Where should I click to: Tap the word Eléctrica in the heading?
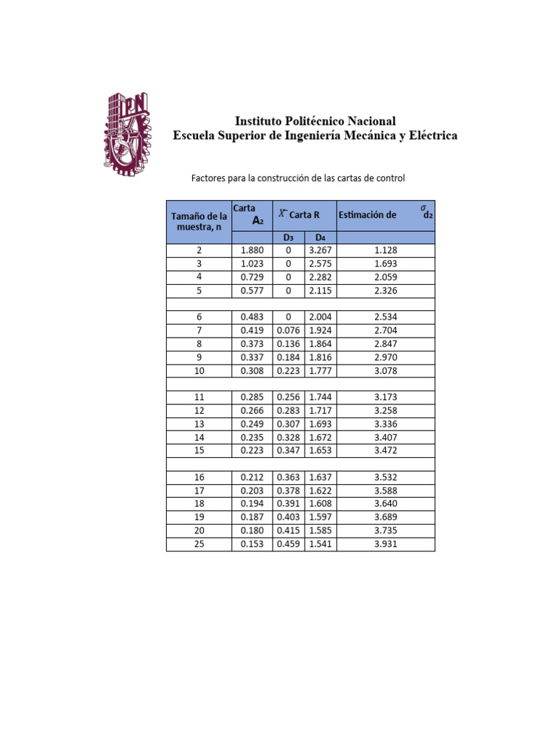tap(429, 136)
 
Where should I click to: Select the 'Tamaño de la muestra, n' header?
tap(199, 221)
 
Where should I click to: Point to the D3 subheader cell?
tap(288, 238)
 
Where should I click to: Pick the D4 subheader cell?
tap(320, 238)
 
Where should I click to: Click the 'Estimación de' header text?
tap(368, 214)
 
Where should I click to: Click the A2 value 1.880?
tap(252, 250)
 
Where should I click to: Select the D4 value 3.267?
tap(320, 250)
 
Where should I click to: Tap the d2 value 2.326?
tap(386, 291)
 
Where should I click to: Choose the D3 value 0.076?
tap(288, 330)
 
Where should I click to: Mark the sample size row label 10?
tap(199, 370)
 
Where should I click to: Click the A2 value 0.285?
tap(252, 397)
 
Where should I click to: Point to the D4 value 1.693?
tap(320, 424)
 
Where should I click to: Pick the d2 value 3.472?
tap(386, 451)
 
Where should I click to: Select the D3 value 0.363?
tap(288, 478)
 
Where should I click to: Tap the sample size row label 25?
tap(199, 544)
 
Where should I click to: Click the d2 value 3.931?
tap(386, 544)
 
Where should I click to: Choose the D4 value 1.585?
tap(320, 531)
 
